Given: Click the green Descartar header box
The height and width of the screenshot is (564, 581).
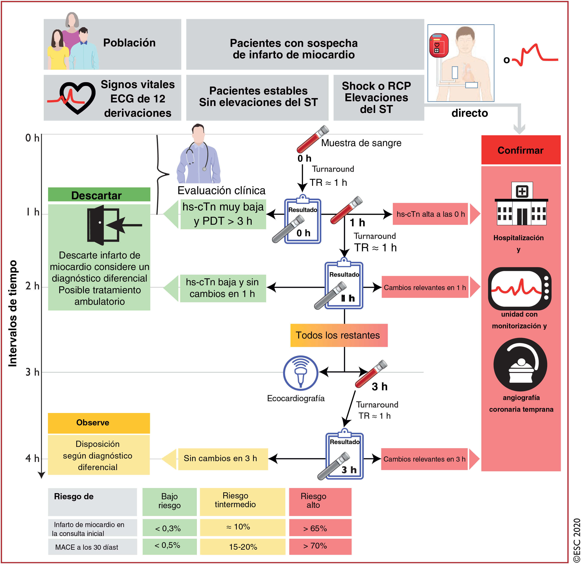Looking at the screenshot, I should (x=99, y=195).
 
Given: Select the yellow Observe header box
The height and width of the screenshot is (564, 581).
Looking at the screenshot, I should (x=99, y=423).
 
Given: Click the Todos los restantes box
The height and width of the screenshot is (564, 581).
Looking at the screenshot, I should (x=338, y=335).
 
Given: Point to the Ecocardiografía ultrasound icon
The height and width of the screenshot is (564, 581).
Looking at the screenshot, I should (x=300, y=373).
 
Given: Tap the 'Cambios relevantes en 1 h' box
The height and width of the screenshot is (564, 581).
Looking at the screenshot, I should (x=425, y=287).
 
